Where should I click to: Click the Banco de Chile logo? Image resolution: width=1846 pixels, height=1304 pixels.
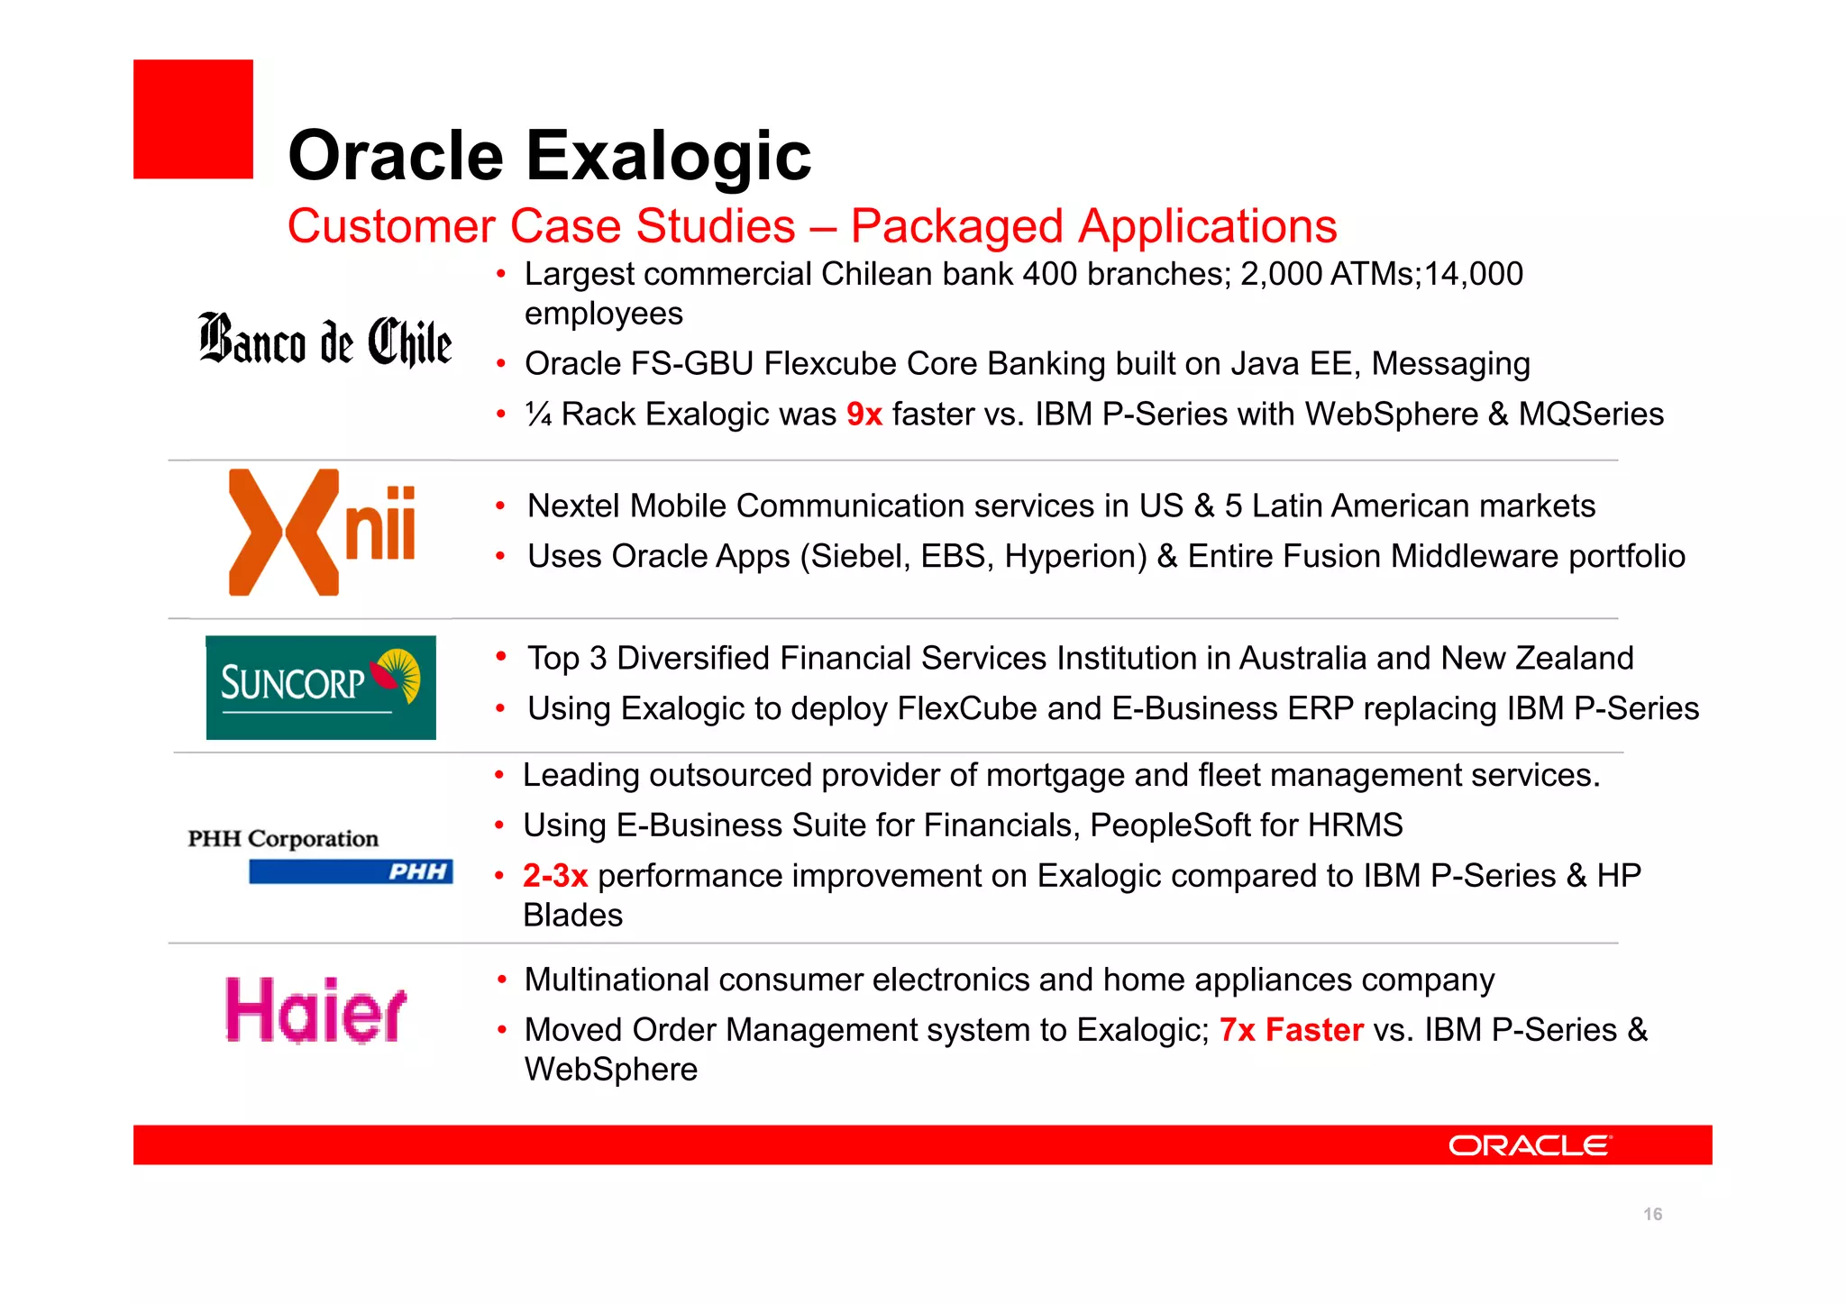click(324, 341)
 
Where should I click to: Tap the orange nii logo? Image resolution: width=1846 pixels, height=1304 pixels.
click(322, 532)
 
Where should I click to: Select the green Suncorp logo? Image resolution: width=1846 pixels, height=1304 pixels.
click(321, 688)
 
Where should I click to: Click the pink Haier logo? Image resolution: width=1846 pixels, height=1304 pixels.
click(315, 1011)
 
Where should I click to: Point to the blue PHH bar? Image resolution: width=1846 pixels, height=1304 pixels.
click(351, 871)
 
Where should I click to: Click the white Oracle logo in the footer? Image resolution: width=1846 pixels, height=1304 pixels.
click(1530, 1145)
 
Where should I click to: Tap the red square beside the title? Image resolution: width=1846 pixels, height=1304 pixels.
click(193, 119)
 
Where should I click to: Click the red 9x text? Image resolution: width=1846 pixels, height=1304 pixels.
click(864, 415)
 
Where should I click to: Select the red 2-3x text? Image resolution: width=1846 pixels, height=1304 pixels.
click(555, 876)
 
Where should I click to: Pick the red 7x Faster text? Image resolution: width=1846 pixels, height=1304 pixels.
click(1291, 1030)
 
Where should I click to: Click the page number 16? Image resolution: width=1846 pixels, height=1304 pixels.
click(1652, 1214)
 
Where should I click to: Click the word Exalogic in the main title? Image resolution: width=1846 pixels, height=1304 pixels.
click(668, 156)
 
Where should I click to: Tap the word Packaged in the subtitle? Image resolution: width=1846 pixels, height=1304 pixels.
click(956, 226)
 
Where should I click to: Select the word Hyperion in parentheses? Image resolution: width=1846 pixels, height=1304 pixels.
click(1075, 557)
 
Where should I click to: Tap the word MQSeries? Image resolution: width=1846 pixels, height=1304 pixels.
click(1591, 415)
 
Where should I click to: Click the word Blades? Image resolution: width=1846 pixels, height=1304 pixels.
click(573, 916)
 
